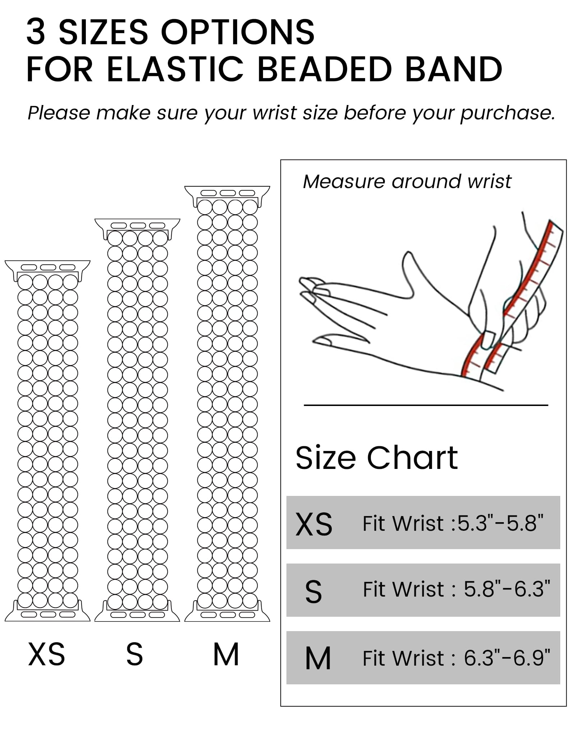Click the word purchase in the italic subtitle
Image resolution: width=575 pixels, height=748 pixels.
pyautogui.click(x=507, y=113)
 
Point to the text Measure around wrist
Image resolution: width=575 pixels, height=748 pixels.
pyautogui.click(x=407, y=182)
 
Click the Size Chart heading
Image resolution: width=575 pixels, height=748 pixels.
pyautogui.click(x=376, y=458)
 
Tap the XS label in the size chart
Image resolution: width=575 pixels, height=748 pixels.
pyautogui.click(x=314, y=525)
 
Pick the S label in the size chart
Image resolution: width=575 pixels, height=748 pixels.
pyautogui.click(x=313, y=592)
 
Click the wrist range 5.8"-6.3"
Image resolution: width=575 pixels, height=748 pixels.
pyautogui.click(x=507, y=589)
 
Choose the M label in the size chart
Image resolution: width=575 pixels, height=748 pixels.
pyautogui.click(x=318, y=659)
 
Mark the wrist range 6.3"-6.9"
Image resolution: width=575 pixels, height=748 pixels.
pyautogui.click(x=507, y=658)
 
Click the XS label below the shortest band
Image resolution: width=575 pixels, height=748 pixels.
pyautogui.click(x=47, y=654)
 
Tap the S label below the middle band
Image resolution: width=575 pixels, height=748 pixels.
pyautogui.click(x=135, y=654)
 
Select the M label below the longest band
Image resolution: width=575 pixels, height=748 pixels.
pyautogui.click(x=226, y=654)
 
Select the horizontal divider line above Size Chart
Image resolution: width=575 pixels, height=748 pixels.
pyautogui.click(x=426, y=405)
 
